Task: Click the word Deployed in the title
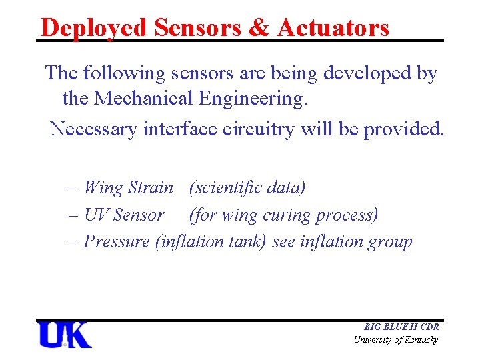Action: tap(93, 27)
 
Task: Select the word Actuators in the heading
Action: tap(333, 27)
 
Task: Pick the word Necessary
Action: tap(94, 128)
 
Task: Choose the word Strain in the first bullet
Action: tap(150, 188)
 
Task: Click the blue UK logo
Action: tap(65, 335)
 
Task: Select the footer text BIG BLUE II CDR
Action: tap(401, 327)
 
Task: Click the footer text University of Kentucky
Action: tap(396, 340)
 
